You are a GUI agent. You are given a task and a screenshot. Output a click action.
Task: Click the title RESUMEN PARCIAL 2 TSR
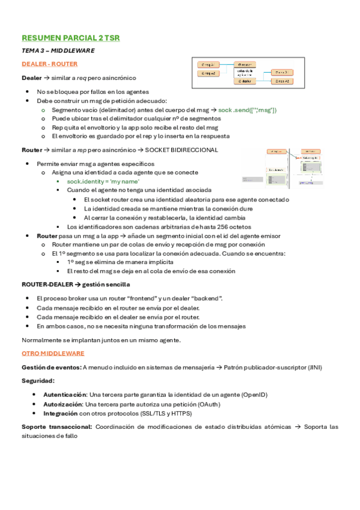[70, 38]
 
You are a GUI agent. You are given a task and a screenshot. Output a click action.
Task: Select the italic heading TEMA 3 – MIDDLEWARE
[58, 51]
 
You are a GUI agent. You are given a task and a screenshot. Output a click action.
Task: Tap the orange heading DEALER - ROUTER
[49, 64]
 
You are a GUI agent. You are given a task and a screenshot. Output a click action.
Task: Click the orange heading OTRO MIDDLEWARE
[53, 353]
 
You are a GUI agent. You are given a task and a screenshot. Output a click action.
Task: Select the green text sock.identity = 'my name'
[103, 181]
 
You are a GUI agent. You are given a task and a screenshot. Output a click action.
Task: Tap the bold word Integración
[59, 414]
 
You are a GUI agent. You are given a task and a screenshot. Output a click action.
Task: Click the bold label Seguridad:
[38, 380]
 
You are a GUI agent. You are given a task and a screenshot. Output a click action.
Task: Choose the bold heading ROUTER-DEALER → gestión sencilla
[76, 284]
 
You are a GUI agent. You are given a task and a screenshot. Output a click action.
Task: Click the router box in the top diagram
[245, 64]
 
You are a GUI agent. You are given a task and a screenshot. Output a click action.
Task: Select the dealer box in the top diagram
[245, 81]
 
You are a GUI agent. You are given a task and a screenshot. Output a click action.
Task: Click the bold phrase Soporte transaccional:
[56, 427]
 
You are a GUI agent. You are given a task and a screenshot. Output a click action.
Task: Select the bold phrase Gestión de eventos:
[51, 367]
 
